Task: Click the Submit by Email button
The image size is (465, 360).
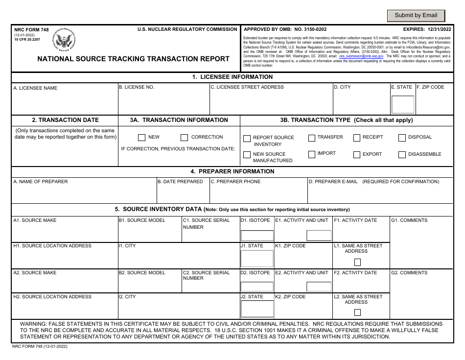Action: [416, 16]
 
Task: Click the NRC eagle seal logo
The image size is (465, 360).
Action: [65, 40]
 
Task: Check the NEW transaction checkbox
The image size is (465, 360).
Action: [141, 138]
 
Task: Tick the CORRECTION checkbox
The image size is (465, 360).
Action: [184, 138]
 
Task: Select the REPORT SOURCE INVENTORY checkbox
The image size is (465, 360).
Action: [247, 139]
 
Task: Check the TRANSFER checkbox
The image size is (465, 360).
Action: [311, 138]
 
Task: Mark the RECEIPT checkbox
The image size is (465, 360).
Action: [356, 138]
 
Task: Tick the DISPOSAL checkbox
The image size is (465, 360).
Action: [402, 138]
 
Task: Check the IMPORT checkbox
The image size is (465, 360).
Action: [311, 154]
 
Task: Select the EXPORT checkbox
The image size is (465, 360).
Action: [356, 155]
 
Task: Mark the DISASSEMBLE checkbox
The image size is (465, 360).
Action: [402, 155]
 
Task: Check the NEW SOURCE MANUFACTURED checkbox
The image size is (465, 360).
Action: [247, 155]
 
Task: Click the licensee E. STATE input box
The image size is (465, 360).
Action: [402, 104]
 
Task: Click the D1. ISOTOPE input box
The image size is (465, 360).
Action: [256, 236]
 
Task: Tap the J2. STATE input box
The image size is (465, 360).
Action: [256, 309]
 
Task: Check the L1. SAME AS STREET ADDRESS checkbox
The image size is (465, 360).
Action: [357, 262]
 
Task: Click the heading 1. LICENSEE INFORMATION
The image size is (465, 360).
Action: [232, 77]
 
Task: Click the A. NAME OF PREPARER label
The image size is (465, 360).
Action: [41, 182]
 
